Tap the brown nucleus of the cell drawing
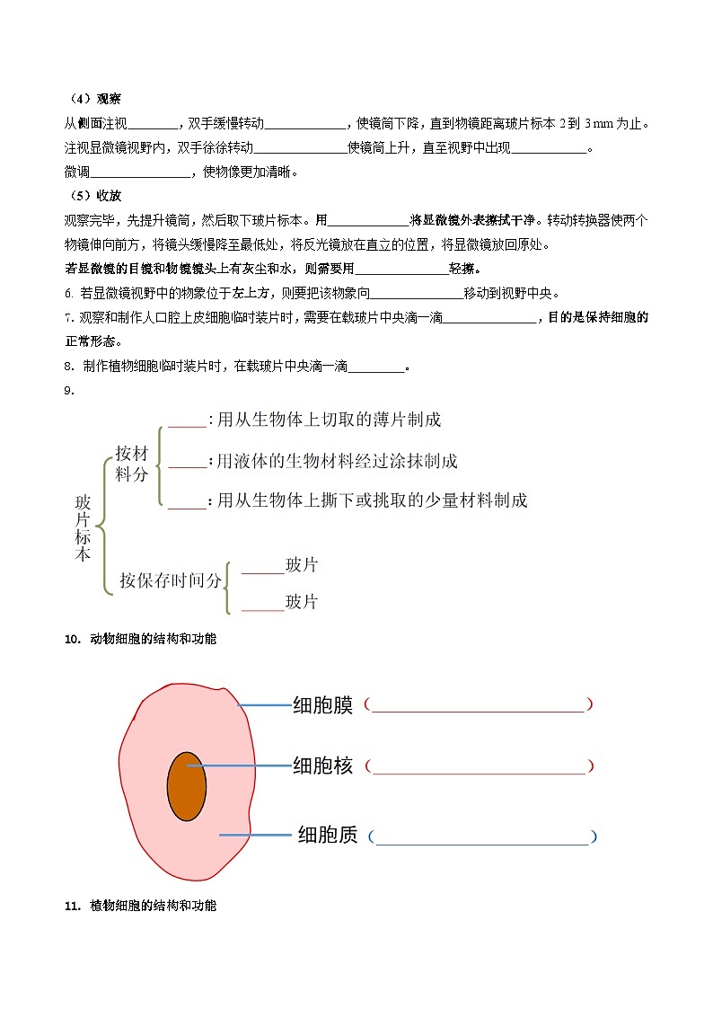187,786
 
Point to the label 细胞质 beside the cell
328,836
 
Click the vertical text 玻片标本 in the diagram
83,530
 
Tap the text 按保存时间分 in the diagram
170,580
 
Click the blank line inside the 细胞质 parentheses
480,842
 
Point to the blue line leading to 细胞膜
265,706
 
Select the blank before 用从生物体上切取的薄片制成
187,424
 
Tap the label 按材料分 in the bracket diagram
131,464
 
